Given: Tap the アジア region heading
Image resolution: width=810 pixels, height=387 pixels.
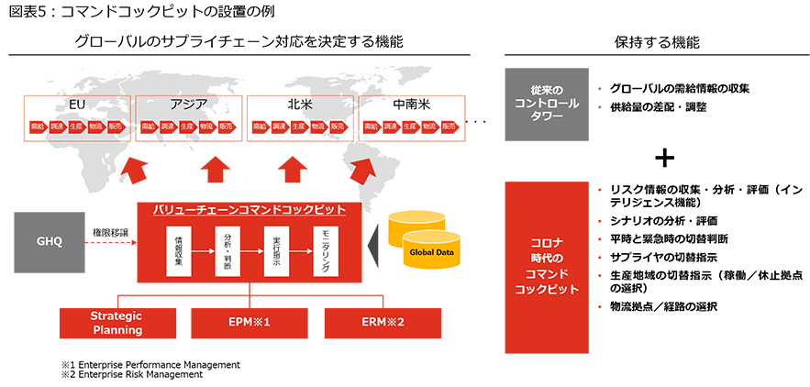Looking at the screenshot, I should click(188, 104).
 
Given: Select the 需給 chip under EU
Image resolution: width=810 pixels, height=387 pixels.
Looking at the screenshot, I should click(39, 126).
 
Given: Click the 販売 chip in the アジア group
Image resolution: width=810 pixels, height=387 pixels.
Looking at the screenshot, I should click(225, 126).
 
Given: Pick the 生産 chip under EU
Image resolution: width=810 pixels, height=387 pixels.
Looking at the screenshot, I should click(76, 126).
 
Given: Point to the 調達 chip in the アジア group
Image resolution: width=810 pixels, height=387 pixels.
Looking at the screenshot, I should click(168, 126).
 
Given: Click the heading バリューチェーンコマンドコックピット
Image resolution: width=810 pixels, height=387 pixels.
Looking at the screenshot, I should click(249, 209).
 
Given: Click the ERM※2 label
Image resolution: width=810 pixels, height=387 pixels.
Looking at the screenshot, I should click(383, 323).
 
